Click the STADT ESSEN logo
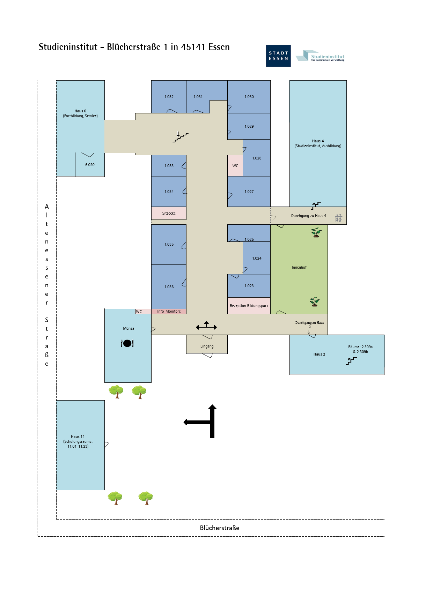pos(278,56)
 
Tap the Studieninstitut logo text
pos(328,58)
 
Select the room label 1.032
pos(169,97)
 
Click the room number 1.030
pos(249,97)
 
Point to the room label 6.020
pos(90,165)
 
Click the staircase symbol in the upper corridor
pos(180,137)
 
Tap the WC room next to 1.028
pos(235,166)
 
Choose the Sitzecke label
pos(169,213)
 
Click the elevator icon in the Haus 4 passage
pos(338,218)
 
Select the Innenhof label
pos(299,267)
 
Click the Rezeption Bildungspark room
pos(249,306)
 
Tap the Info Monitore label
pos(169,311)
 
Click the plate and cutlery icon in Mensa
pos(127,343)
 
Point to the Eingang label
pos(207,346)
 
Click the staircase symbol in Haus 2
pos(351,361)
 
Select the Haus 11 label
pos(78,436)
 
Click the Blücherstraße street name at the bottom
pos(220,528)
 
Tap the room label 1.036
pos(169,287)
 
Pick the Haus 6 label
pos(80,111)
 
